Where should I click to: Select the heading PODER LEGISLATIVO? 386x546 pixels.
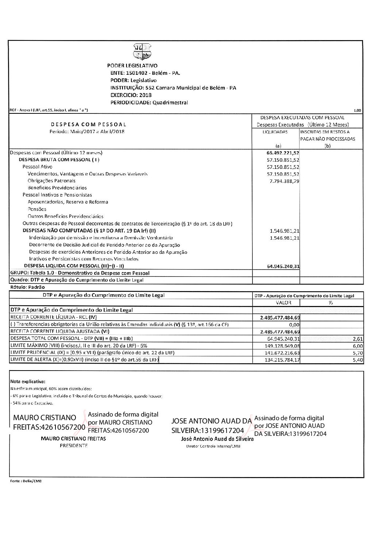[x=132, y=66]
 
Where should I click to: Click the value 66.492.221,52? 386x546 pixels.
[x=283, y=153]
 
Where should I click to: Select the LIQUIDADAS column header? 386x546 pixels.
[x=275, y=132]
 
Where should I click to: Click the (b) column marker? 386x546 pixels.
[x=327, y=146]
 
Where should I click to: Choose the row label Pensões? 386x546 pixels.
[x=37, y=209]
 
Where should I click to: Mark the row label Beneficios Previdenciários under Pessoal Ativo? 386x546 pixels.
[x=52, y=188]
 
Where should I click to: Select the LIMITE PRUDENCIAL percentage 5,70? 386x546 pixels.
[x=358, y=353]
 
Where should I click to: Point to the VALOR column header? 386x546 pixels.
[x=283, y=303]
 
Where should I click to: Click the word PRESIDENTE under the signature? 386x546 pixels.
[x=74, y=446]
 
